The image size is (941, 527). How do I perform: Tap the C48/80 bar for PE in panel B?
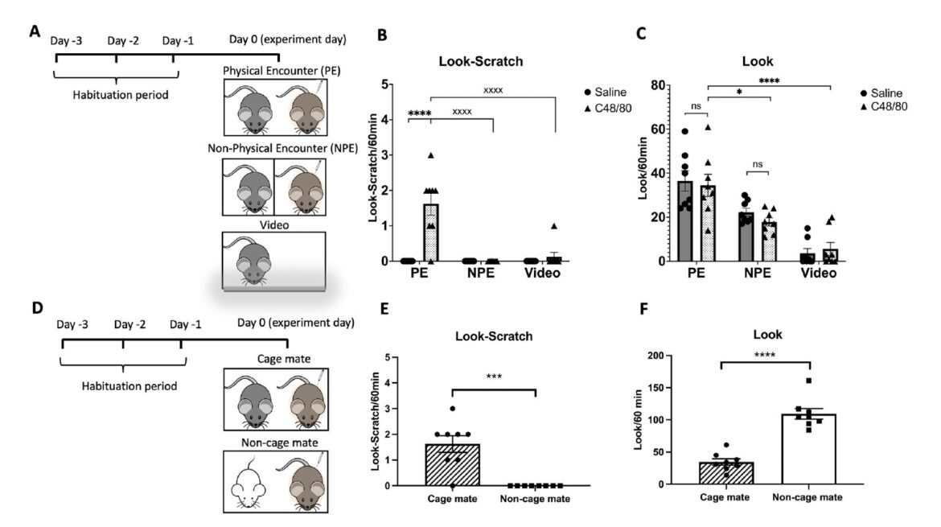pos(431,233)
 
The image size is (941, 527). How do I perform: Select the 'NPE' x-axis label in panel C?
pos(756,274)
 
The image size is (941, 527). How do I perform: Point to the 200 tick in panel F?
pos(664,355)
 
